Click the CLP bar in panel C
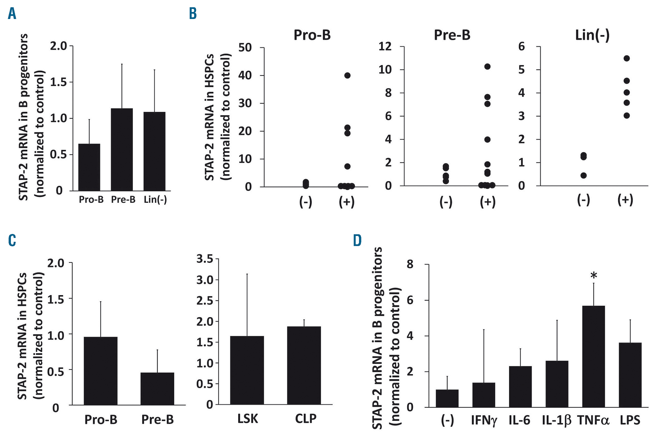click(304, 365)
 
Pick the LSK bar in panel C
click(247, 370)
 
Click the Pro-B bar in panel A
click(89, 167)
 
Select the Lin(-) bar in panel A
click(154, 151)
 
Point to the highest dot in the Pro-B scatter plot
click(347, 75)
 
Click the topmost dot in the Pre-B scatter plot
click(487, 67)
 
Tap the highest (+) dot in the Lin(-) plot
click(627, 58)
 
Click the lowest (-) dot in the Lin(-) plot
click(583, 175)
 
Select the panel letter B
click(193, 14)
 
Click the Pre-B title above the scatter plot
click(452, 35)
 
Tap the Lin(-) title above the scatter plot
click(592, 35)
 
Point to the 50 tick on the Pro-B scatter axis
click(245, 48)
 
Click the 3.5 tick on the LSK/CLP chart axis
click(205, 259)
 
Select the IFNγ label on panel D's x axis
click(484, 420)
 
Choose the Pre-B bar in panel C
click(157, 388)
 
